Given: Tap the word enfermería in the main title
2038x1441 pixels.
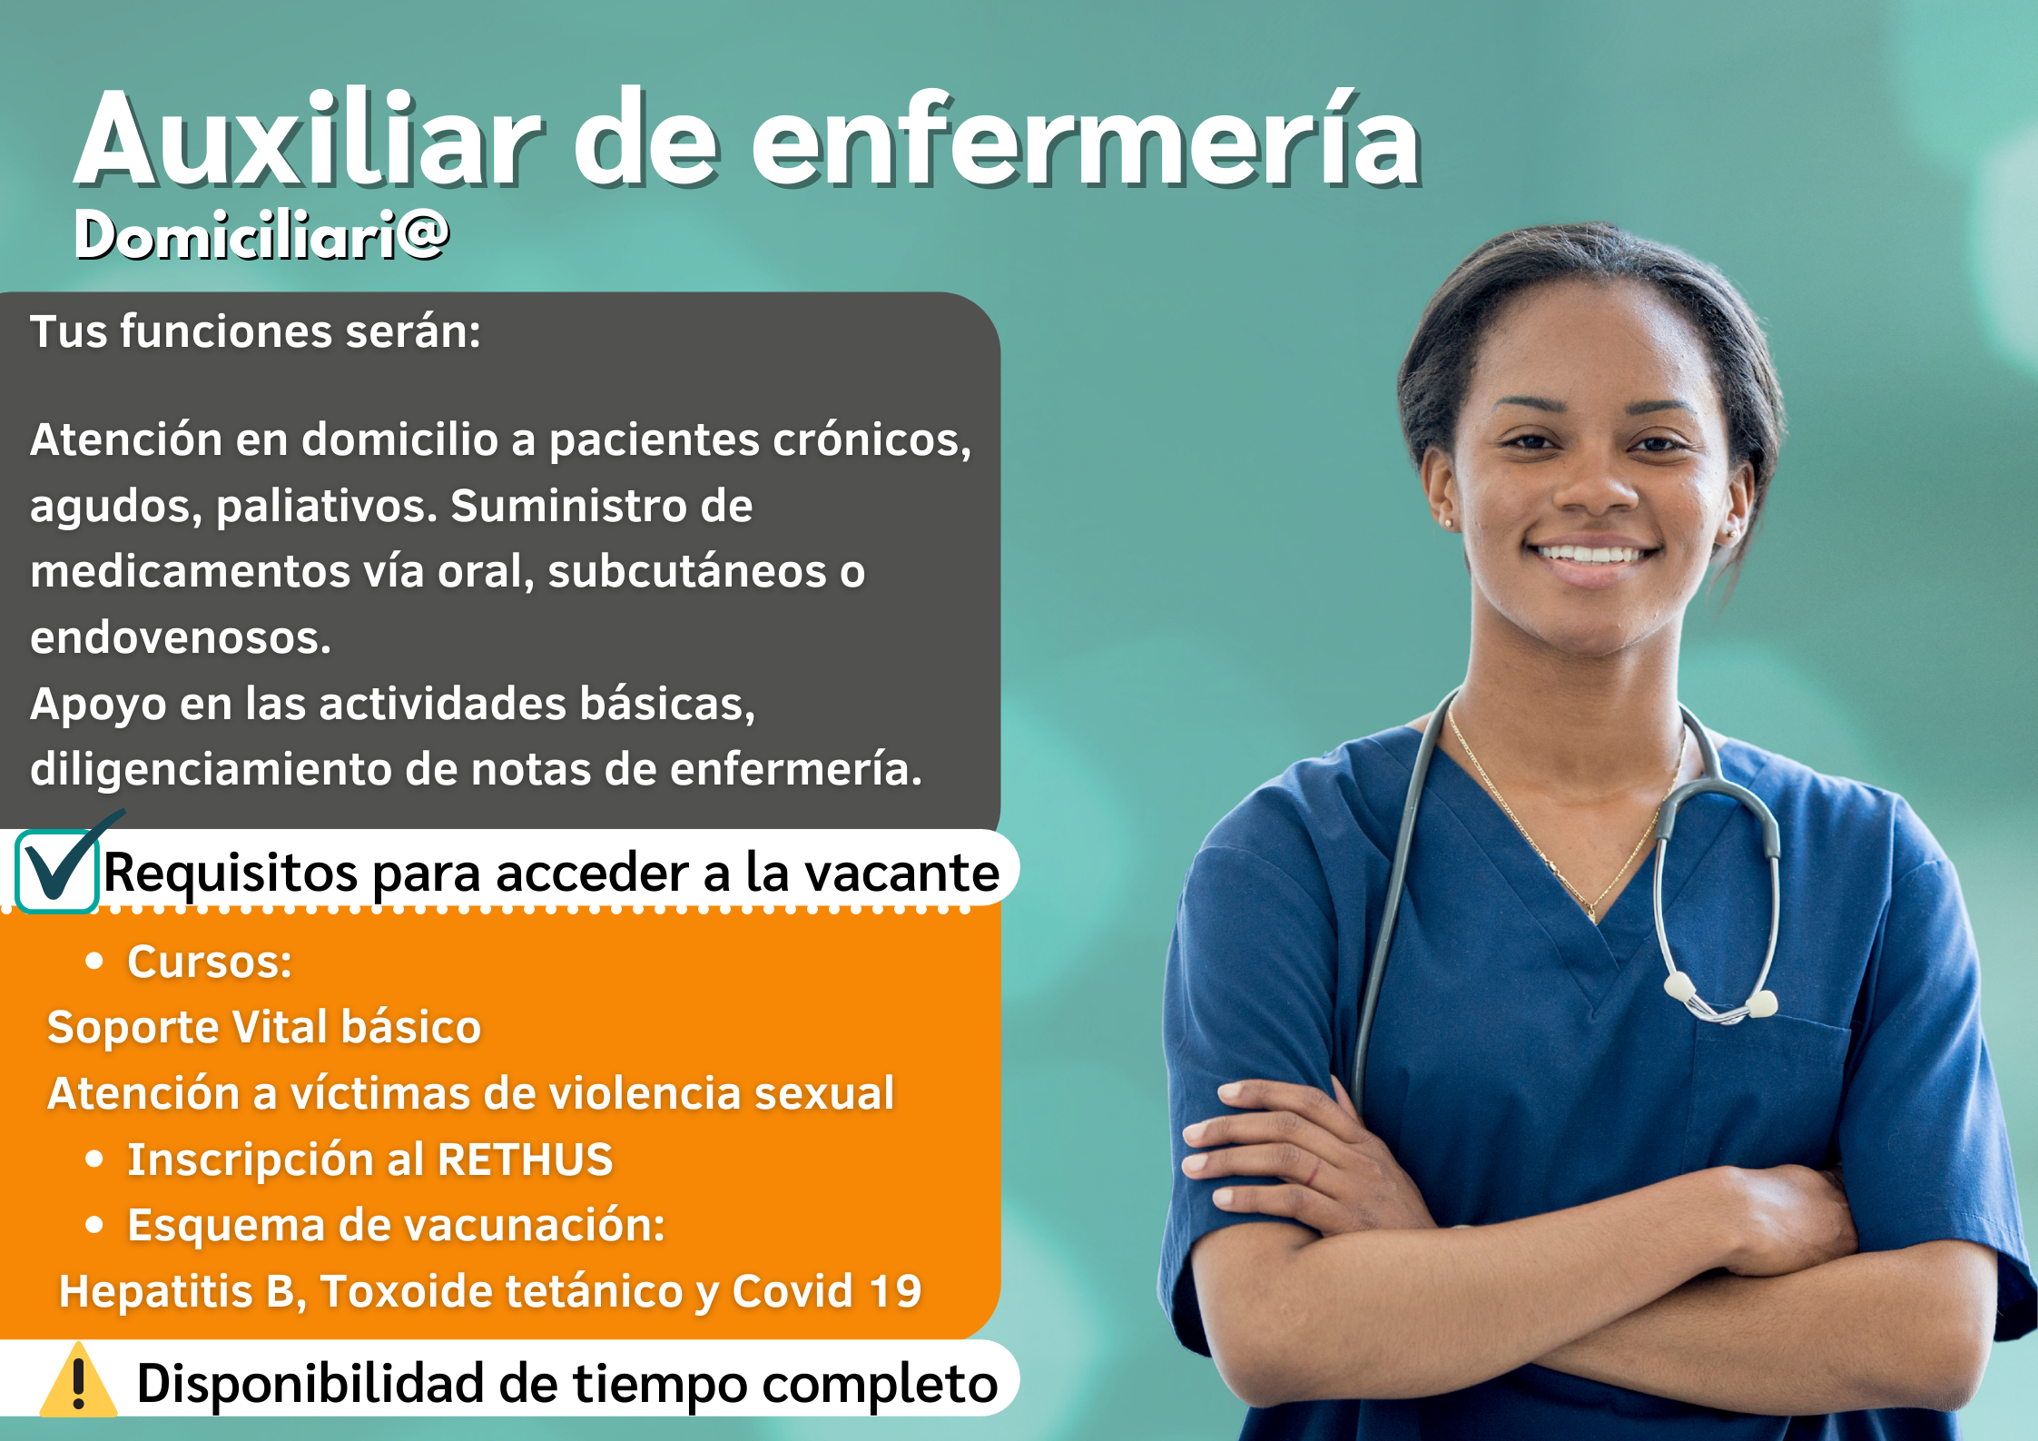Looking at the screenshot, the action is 1086,141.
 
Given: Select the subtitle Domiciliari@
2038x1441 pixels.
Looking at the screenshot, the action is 261,234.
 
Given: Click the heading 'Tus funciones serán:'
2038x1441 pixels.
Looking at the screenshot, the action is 255,331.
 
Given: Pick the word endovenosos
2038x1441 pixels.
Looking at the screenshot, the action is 181,637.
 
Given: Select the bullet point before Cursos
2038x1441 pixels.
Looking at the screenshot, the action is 94,962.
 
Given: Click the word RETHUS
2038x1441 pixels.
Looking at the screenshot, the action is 525,1160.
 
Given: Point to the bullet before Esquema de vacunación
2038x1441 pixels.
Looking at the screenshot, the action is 94,1225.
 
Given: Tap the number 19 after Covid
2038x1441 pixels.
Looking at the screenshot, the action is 895,1291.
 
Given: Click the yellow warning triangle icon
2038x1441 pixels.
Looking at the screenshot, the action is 78,1380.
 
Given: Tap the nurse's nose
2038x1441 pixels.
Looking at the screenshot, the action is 1595,490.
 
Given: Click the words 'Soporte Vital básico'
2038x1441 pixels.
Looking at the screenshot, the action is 264,1027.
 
